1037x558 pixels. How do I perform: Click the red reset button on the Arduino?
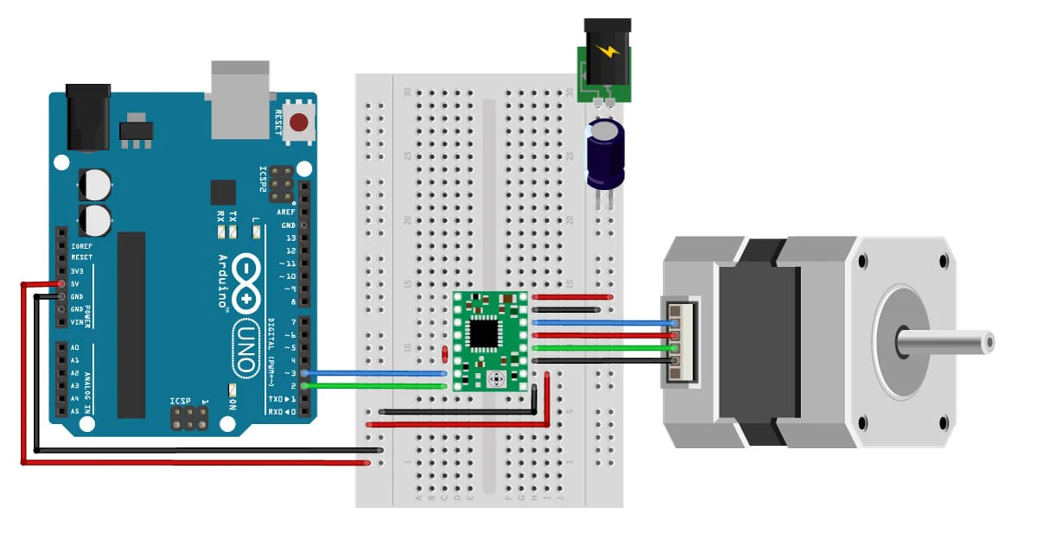[x=300, y=123]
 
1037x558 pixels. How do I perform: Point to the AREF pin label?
[x=286, y=212]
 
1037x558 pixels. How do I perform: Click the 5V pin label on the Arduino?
[x=76, y=283]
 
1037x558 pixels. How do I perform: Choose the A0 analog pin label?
[x=75, y=347]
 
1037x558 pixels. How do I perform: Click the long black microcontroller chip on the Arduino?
[x=131, y=324]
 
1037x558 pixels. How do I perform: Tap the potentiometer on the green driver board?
[x=497, y=379]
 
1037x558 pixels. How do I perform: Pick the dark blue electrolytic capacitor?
[x=605, y=153]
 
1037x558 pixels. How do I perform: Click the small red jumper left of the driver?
[x=444, y=354]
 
